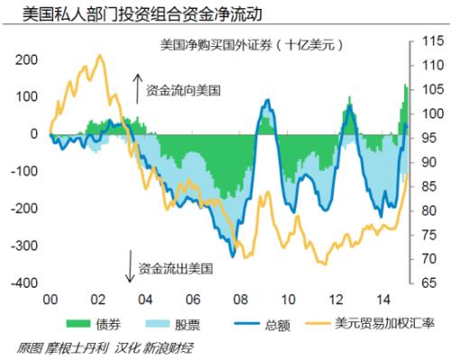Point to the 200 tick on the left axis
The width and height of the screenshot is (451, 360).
27,60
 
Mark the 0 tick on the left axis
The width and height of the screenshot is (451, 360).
34,134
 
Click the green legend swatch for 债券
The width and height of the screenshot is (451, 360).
78,322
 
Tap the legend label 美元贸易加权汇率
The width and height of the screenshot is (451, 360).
374,323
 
